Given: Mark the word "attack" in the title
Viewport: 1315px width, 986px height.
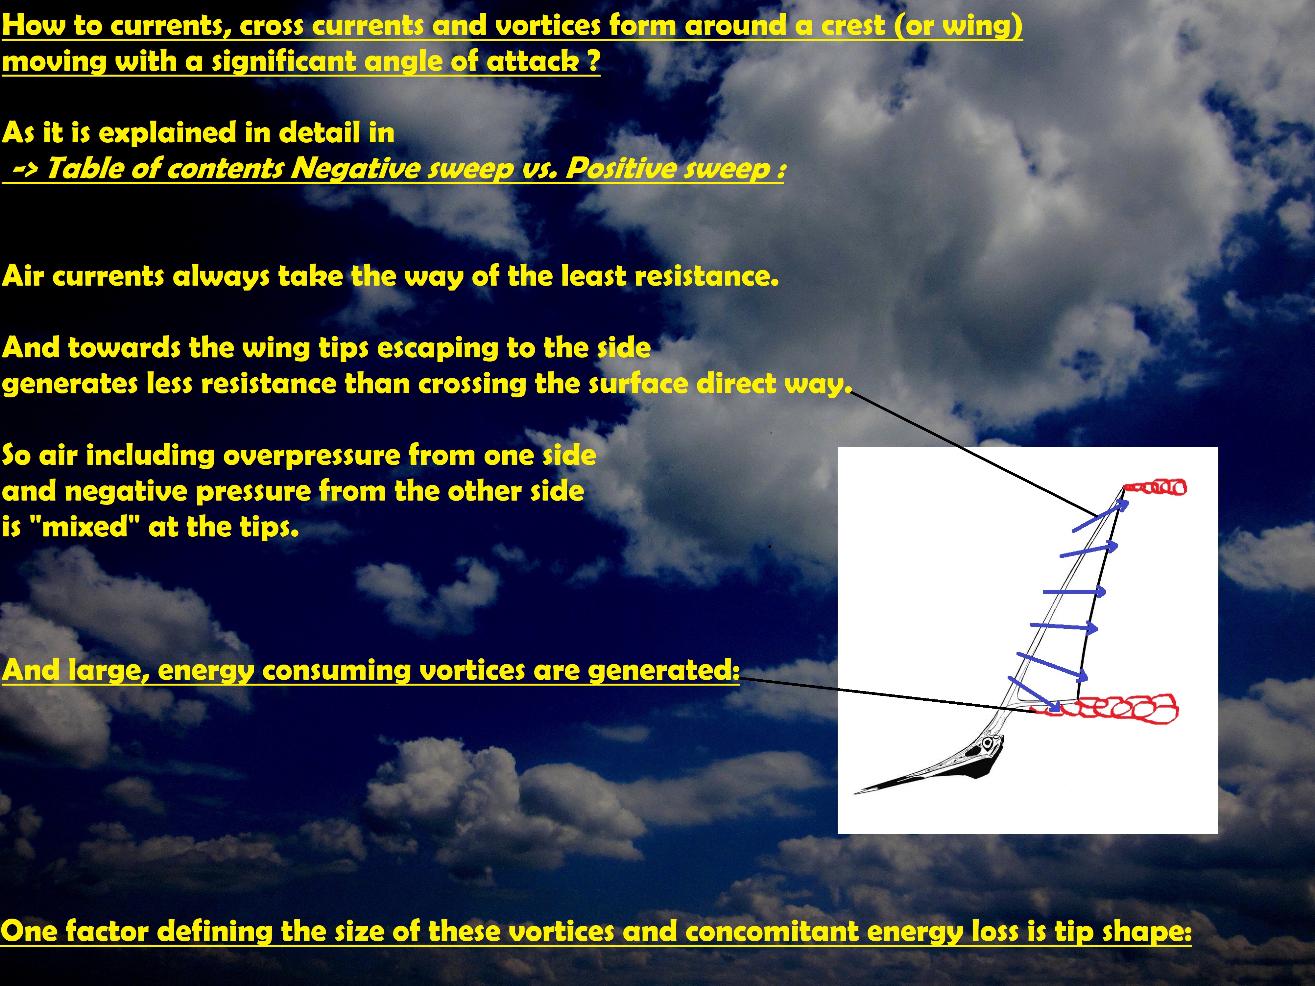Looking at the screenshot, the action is (x=532, y=61).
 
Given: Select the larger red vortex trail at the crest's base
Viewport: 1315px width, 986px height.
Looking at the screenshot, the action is (x=1106, y=709).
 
